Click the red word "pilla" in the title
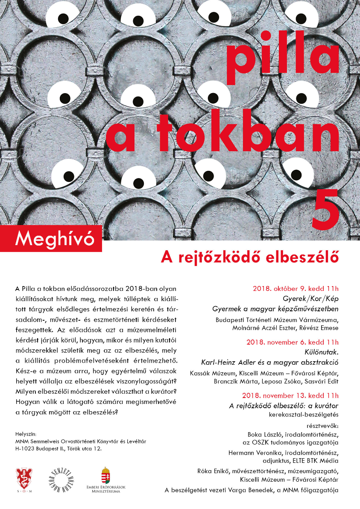(x=283, y=57)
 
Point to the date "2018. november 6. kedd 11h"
(x=293, y=342)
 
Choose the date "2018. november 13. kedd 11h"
(x=290, y=395)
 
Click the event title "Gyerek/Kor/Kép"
(x=310, y=298)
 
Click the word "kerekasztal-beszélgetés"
(x=303, y=414)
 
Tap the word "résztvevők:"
(x=322, y=425)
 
